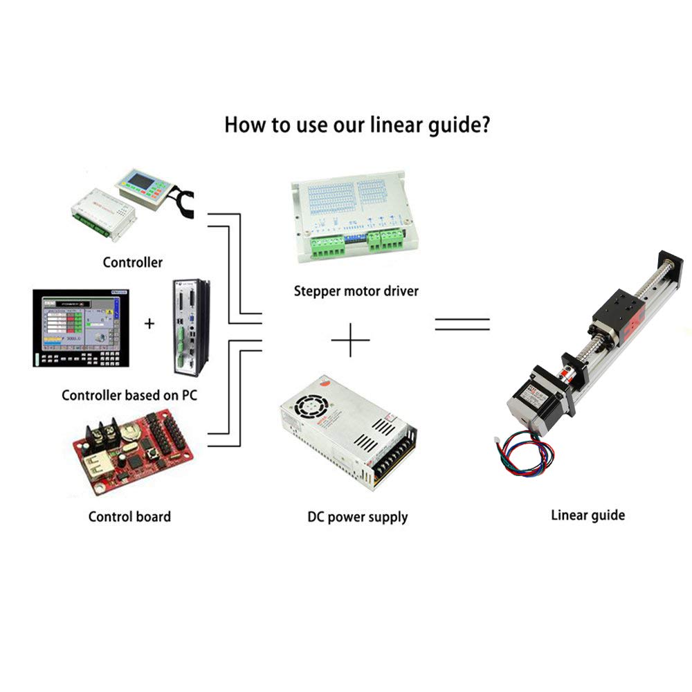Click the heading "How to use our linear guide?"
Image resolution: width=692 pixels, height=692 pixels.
[357, 126]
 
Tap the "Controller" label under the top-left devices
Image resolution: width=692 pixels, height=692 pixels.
[132, 262]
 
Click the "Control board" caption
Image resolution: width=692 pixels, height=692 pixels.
[129, 516]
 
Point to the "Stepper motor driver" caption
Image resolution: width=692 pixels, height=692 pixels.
[356, 291]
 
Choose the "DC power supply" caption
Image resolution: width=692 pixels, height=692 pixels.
[357, 516]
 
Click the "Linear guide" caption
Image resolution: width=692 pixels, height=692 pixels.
[588, 515]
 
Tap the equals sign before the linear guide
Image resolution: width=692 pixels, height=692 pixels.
[462, 324]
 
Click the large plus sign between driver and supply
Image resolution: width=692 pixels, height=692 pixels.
[350, 340]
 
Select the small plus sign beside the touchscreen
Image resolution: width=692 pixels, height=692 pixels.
[149, 322]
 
